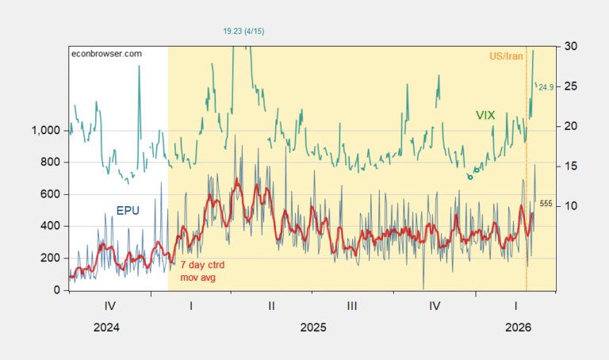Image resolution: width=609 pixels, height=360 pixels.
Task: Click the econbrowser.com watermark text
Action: pos(106,53)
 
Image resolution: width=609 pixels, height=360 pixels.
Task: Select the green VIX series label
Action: pos(485,116)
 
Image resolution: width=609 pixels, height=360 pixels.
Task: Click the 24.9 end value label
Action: pos(546,87)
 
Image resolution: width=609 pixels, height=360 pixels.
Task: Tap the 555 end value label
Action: pos(546,204)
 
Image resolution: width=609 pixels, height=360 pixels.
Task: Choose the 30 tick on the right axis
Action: pos(569,47)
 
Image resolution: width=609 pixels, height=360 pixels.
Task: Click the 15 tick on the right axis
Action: pos(569,166)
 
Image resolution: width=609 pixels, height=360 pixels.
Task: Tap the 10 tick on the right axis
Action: pos(569,206)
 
